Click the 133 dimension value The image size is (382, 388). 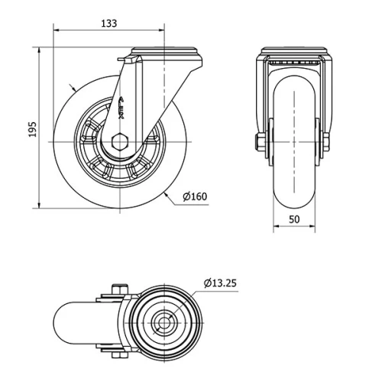[108, 24]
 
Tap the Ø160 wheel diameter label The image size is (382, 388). [195, 196]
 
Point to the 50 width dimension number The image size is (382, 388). [294, 218]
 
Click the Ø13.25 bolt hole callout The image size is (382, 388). [220, 283]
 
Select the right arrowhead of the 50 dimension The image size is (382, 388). [312, 227]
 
